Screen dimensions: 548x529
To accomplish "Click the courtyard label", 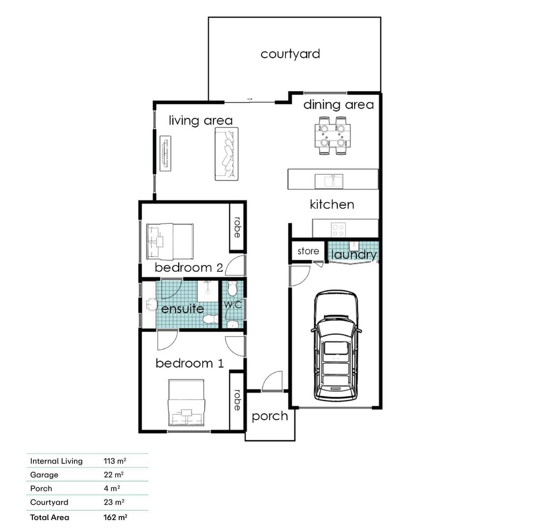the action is (x=290, y=54).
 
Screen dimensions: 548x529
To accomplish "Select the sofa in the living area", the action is (x=226, y=154).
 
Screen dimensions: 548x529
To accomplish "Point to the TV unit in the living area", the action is (x=166, y=153).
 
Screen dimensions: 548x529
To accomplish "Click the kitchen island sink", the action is (x=329, y=181).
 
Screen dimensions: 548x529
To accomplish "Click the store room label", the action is (x=308, y=251).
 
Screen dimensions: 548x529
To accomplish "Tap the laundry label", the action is (x=354, y=255).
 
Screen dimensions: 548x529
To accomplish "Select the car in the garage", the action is (x=336, y=345).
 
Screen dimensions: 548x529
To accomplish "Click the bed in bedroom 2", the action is (x=170, y=241).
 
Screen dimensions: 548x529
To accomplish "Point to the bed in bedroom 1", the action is (x=186, y=403).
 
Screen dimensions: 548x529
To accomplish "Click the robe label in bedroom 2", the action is (x=238, y=228).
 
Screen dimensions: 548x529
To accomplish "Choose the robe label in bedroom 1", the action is (x=238, y=400).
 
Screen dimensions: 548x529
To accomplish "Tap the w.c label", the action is (x=233, y=304).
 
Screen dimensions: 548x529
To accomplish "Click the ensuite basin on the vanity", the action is (x=152, y=305).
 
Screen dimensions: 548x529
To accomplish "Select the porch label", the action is (x=270, y=416).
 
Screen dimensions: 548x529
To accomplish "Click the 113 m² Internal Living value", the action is (x=115, y=461).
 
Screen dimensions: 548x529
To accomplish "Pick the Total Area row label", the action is (x=49, y=517).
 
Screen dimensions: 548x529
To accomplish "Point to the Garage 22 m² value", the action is (x=114, y=475).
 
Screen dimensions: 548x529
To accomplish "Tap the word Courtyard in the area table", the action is (x=49, y=503).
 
